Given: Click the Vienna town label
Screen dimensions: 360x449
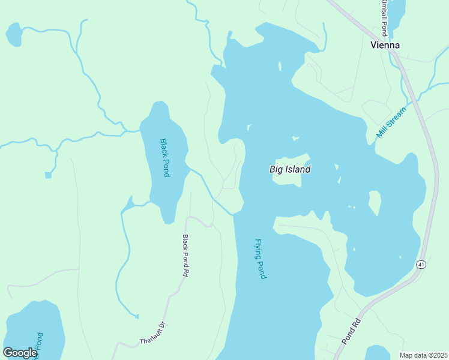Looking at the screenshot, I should pos(385,45).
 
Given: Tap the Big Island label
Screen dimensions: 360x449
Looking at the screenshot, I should pos(290,169).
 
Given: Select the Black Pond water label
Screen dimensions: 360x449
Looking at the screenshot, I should pos(165,158).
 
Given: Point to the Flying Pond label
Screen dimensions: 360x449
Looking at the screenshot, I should pos(261,259).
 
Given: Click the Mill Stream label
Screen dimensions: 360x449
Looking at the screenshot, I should pos(391,120).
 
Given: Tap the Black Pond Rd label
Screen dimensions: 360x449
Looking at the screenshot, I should pos(185,255).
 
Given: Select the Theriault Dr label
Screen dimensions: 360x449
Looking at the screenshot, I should pos(152,334).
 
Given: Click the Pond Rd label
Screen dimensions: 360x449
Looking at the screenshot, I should pos(351,331).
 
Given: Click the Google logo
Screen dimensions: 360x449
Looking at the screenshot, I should pos(20,352).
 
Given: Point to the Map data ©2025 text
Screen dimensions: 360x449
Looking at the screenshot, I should pos(423,355).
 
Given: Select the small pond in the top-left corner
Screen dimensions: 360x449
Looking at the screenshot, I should pos(14,35).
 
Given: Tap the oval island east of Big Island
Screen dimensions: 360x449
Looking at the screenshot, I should pos(375,202).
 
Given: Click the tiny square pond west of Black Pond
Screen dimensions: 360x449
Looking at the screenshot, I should pos(48,175).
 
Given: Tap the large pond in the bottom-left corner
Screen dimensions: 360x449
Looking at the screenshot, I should pos(33,330).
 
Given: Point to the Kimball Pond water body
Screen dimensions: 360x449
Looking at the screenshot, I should pos(398,10).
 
